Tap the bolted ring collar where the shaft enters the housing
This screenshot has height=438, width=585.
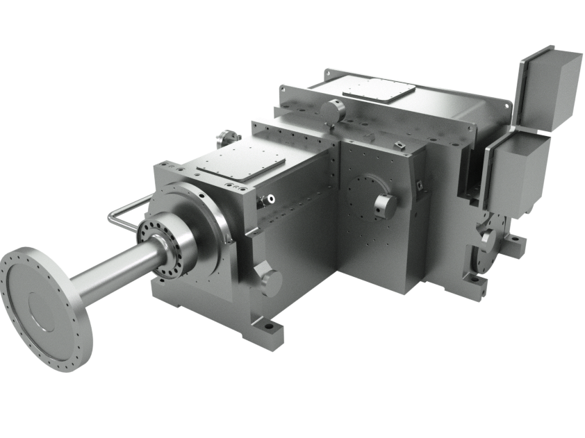pos(161,249)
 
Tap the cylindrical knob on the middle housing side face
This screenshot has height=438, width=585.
pos(384,204)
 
